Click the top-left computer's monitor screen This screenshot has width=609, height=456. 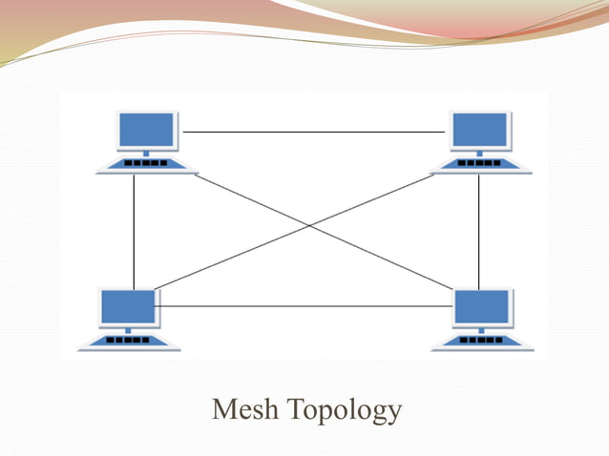[147, 129]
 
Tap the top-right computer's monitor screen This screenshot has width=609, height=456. [480, 129]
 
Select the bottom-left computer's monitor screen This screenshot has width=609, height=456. [129, 306]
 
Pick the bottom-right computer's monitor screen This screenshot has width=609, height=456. [481, 306]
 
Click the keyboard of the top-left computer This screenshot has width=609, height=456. [147, 164]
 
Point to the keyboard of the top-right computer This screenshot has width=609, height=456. [480, 164]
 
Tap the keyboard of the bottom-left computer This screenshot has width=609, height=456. [129, 341]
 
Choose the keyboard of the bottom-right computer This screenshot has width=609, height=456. [481, 341]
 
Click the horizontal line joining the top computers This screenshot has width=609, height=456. [315, 132]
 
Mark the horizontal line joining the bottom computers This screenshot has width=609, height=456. [305, 306]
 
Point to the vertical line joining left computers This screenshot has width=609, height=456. [134, 229]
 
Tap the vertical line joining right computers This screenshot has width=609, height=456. [479, 229]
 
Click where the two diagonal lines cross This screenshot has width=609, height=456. [308, 226]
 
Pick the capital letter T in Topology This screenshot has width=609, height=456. [295, 410]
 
